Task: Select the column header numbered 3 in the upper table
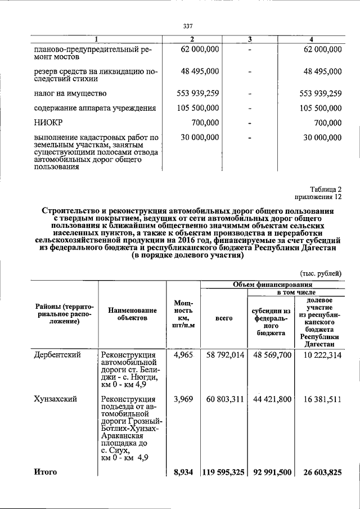pos(250,39)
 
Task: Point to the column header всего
pos(224,318)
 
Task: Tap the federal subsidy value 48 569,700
pos(272,355)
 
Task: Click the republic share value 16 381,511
pos(322,399)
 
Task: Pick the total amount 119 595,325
pos(223,472)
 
